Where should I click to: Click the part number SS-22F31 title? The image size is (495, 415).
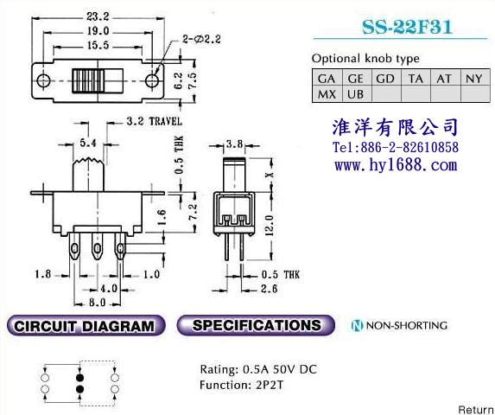(x=407, y=27)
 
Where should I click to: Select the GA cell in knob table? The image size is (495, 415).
(x=327, y=79)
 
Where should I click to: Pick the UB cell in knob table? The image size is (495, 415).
(x=356, y=94)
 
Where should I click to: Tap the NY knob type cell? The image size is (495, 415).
(x=475, y=79)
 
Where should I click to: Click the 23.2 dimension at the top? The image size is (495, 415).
(x=98, y=16)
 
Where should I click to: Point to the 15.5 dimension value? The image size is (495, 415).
(x=98, y=46)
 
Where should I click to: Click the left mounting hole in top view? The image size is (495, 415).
(x=43, y=81)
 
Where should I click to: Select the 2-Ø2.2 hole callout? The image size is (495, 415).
(x=201, y=40)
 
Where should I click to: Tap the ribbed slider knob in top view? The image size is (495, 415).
(x=88, y=81)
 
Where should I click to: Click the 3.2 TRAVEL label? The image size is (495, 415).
(x=155, y=122)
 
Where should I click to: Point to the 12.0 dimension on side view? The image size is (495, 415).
(x=269, y=225)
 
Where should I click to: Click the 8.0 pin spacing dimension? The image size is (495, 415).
(x=98, y=303)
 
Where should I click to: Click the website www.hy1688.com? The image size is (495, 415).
(x=396, y=165)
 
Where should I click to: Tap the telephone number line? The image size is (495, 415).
(x=396, y=147)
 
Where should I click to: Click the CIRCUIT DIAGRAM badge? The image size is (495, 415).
(x=86, y=326)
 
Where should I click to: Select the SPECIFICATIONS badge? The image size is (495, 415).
(x=256, y=325)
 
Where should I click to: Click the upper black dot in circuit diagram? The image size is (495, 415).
(x=79, y=378)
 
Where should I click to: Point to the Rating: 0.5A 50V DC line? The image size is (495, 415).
(x=258, y=369)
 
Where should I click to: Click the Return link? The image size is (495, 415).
(x=476, y=410)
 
